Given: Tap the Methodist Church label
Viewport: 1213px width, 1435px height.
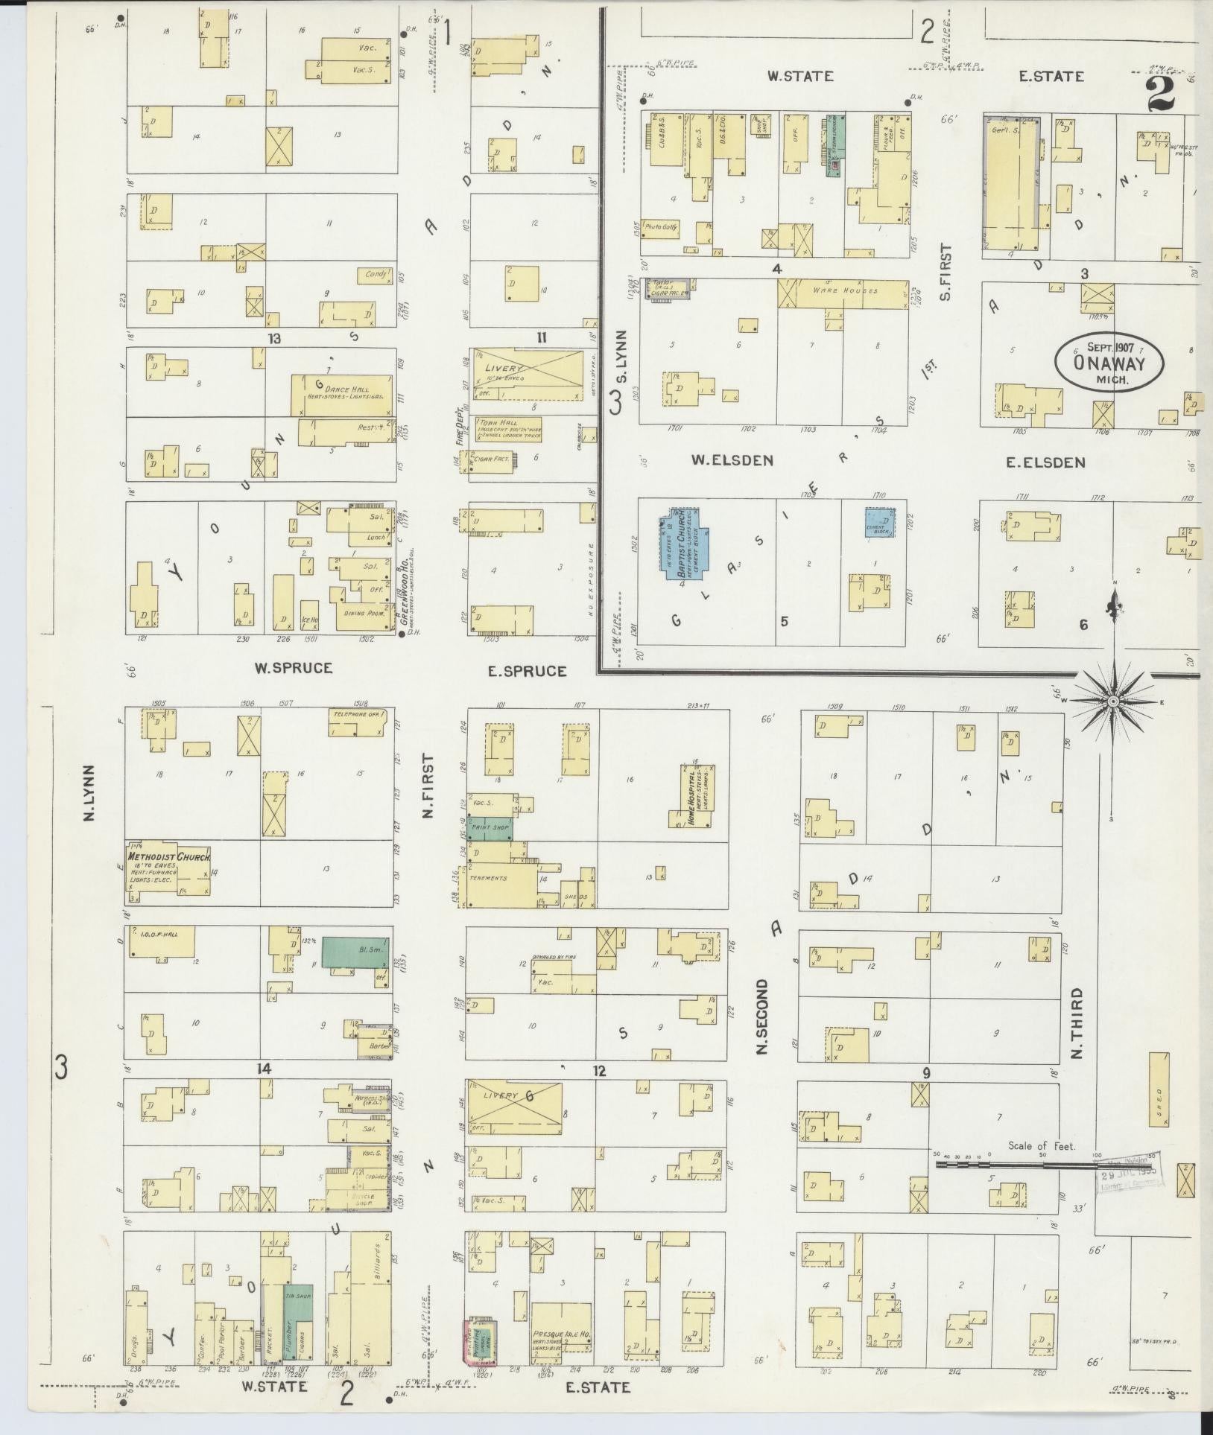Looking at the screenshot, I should coord(170,857).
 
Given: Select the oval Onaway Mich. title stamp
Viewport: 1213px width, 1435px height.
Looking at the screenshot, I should coord(1109,360).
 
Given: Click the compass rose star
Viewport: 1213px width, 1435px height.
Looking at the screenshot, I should coord(1112,701).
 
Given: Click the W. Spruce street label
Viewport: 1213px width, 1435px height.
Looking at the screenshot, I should coord(293,668).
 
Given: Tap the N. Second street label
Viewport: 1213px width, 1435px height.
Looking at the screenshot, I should coord(761,1016).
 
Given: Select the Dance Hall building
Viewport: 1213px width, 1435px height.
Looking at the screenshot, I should coord(341,393).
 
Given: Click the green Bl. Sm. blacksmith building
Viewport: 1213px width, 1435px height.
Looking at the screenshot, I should coord(355,953).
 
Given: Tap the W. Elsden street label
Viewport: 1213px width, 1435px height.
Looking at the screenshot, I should coord(731,461).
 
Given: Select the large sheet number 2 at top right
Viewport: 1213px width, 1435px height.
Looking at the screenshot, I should coord(1160,94).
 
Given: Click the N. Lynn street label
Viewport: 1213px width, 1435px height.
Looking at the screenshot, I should coord(89,793).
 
